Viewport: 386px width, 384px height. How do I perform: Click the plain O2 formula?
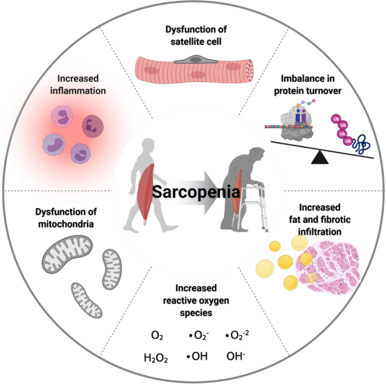[x=157, y=337]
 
